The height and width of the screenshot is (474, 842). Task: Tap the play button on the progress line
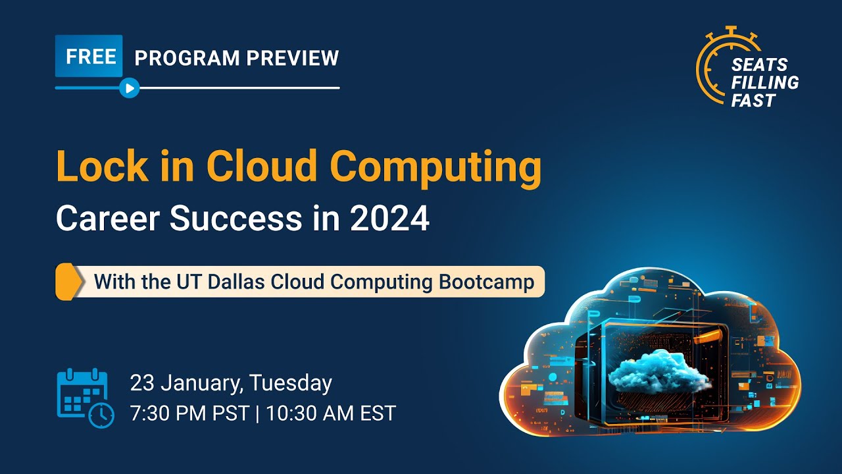click(x=130, y=88)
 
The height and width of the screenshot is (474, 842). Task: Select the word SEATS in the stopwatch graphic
click(x=759, y=65)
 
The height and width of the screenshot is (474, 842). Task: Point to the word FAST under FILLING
click(x=754, y=100)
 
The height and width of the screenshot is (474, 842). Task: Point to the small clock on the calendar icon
click(x=101, y=414)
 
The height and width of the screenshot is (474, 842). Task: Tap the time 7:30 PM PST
click(x=189, y=413)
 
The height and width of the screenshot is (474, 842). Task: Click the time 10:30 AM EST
click(x=332, y=413)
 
